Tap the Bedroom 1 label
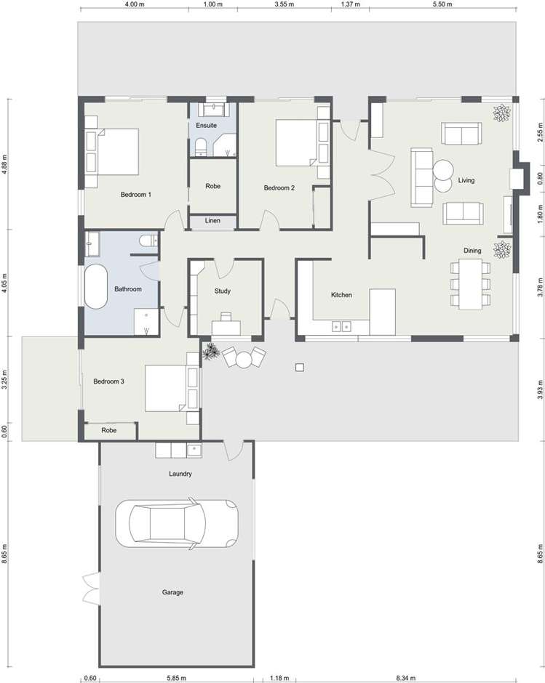[135, 195]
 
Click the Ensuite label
[206, 125]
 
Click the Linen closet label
[212, 221]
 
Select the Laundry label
[180, 474]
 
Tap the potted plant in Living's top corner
[501, 113]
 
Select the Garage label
[172, 592]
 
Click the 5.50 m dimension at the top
[442, 4]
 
